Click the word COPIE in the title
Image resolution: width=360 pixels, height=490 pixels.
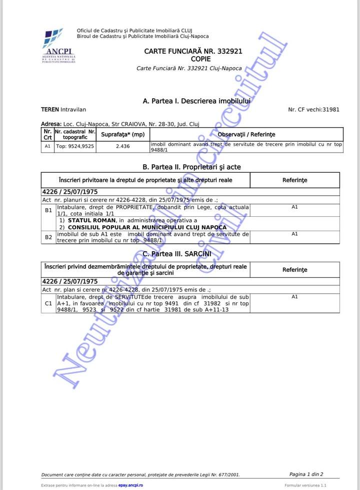point(193,59)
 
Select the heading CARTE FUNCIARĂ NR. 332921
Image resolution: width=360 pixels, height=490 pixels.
point(193,51)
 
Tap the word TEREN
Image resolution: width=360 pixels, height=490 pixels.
point(49,109)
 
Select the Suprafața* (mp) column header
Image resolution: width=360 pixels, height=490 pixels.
point(122,135)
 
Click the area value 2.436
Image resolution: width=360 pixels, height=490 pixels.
point(122,147)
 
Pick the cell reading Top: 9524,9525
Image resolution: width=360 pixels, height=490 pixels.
point(74,147)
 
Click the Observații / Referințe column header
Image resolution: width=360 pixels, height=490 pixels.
point(246,135)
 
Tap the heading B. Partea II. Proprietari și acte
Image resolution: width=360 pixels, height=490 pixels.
point(192,167)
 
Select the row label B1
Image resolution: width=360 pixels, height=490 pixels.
point(48,210)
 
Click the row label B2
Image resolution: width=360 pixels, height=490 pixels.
point(48,237)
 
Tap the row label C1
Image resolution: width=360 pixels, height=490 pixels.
point(48,303)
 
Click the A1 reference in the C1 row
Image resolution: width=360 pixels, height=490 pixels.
point(294,297)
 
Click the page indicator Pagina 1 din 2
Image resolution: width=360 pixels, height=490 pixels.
point(306,474)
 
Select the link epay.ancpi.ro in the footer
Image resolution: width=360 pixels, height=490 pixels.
point(131,485)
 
